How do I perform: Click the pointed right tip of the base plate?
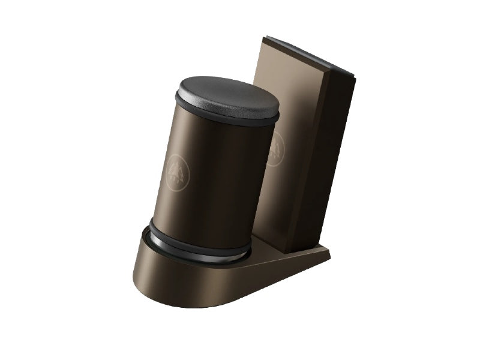[x=329, y=257]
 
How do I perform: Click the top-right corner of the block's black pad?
[x=355, y=74]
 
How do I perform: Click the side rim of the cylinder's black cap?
[x=222, y=117]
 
